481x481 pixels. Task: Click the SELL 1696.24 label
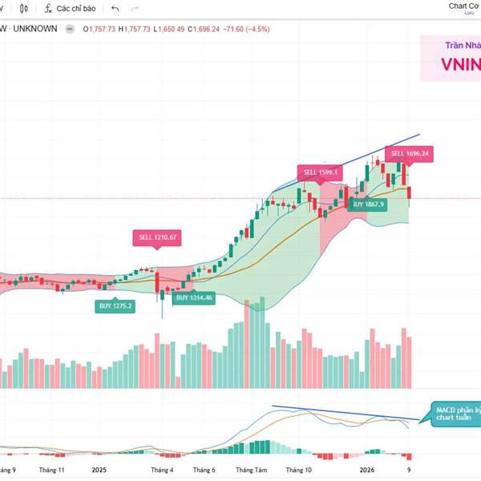coord(409,153)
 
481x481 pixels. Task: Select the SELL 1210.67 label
coord(157,237)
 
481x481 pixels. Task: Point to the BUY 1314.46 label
coord(194,297)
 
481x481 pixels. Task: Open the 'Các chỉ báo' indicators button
coord(70,8)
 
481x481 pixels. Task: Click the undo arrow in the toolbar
coord(115,8)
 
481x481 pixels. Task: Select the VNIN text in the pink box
coord(460,65)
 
